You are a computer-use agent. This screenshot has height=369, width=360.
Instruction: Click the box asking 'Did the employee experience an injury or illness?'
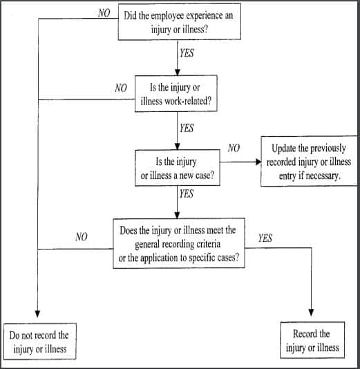[180, 22]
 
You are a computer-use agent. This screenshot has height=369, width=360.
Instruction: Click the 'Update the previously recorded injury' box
[310, 162]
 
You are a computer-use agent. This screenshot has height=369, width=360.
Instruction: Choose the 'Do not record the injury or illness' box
[40, 341]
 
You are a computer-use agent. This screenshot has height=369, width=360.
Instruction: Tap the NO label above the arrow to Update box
[234, 148]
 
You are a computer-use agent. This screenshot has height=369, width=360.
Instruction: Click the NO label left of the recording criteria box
[82, 237]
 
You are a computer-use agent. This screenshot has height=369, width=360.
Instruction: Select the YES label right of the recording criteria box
[265, 238]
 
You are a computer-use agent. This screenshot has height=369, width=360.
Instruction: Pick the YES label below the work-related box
[187, 128]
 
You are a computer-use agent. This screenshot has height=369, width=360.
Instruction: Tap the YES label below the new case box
[187, 195]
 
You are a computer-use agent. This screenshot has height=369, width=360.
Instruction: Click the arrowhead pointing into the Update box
[258, 163]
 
